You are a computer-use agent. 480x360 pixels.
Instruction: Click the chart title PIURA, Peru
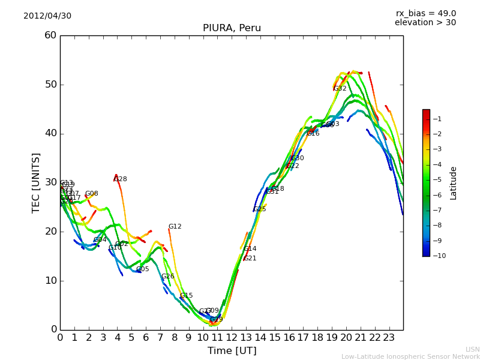[232, 28]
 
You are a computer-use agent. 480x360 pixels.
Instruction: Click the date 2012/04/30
[47, 16]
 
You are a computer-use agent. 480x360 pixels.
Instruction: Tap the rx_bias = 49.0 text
[425, 13]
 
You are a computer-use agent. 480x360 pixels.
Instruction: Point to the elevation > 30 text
[425, 23]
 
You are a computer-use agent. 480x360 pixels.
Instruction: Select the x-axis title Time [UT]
[232, 351]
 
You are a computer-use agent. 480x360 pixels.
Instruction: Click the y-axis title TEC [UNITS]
[36, 182]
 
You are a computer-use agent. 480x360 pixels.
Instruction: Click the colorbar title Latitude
[453, 182]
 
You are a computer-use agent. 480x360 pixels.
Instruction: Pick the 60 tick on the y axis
[50, 35]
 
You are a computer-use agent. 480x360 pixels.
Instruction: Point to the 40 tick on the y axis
[50, 133]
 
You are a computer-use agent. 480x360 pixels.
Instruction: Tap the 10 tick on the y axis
[50, 280]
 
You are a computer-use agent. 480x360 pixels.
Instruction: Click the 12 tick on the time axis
[232, 337]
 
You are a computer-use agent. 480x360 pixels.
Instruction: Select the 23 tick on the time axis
[389, 337]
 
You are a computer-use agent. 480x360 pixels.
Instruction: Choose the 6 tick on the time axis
[146, 337]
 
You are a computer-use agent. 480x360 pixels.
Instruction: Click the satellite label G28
[121, 179]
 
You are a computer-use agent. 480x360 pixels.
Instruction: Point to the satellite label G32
[340, 89]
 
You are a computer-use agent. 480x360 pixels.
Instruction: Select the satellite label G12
[175, 227]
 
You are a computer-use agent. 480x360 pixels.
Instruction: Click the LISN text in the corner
[472, 349]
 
